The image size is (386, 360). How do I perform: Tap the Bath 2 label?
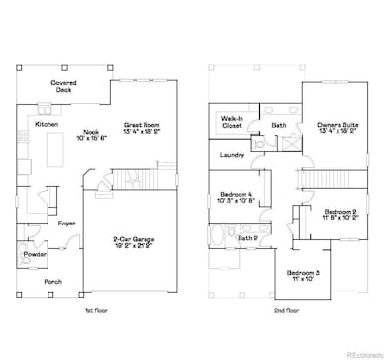tap(246, 237)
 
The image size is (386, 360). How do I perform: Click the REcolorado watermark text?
tap(356, 352)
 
